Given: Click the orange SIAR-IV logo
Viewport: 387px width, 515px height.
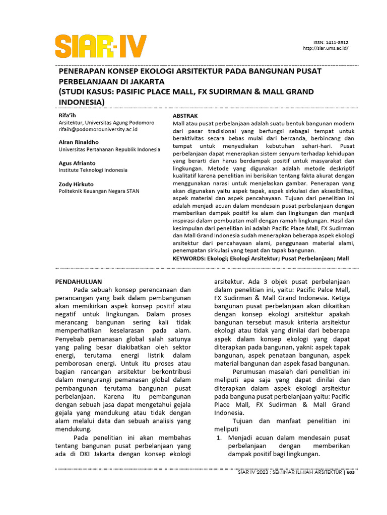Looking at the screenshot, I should [x=101, y=46].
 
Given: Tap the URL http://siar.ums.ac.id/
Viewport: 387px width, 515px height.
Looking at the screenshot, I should [x=326, y=49].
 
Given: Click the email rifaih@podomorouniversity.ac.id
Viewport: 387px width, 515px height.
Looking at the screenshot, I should [x=98, y=129].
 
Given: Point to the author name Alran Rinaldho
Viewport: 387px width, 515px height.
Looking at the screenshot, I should [x=79, y=142].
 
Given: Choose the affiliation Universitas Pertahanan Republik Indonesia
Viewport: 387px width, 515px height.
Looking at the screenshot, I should [x=109, y=149].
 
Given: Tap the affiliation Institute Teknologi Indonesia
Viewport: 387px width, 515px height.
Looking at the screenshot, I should [x=93, y=170].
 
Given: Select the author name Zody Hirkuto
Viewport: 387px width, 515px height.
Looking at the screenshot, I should [x=76, y=184].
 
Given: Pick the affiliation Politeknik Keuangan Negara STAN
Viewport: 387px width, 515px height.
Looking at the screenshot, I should [x=99, y=191].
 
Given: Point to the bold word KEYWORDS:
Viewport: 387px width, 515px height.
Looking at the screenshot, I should [x=188, y=258].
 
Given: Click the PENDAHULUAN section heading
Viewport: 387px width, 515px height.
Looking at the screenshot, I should [x=79, y=282].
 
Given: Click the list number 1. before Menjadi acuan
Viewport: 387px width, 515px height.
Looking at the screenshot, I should [x=219, y=438].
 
